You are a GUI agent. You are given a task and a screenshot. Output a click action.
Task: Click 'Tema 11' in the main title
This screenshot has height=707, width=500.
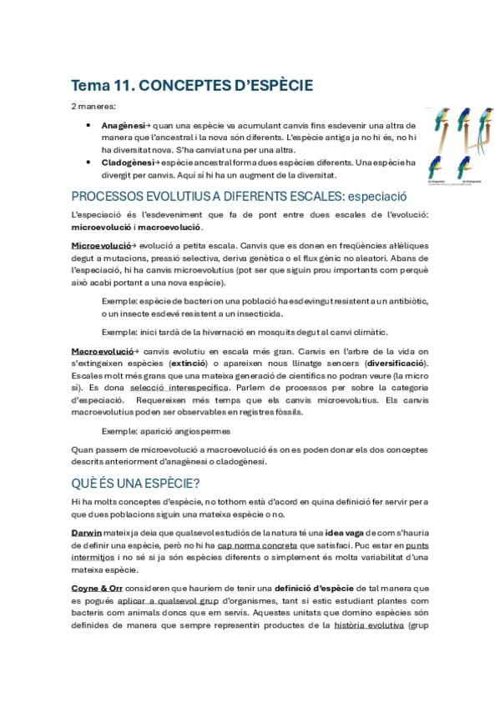point(100,85)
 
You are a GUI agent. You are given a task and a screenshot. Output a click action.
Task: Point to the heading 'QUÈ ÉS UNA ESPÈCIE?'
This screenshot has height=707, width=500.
point(136,483)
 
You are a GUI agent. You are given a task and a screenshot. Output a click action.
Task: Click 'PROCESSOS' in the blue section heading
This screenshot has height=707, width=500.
point(109,197)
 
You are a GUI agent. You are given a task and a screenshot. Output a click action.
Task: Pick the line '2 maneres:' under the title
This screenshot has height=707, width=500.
point(93,108)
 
